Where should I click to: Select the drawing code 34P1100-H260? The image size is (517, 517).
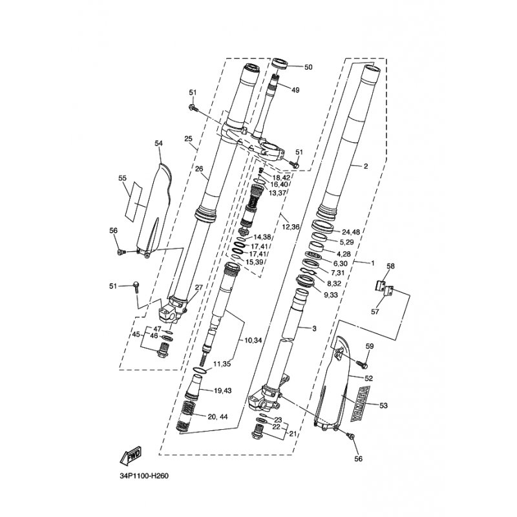143,476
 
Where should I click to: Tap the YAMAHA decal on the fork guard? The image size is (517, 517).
360,404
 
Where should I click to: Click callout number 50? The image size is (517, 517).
308,67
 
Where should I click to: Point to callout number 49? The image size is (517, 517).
296,90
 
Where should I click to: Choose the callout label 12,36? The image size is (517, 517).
290,227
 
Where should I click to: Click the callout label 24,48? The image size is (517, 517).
351,232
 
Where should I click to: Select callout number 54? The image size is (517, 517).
159,143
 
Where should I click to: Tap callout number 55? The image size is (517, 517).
122,178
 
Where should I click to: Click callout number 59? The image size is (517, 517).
370,346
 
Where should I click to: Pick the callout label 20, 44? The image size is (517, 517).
218,417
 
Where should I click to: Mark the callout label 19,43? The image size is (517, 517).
222,391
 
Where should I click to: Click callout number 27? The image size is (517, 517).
199,288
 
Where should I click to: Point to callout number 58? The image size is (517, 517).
391,266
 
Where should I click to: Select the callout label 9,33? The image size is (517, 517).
331,295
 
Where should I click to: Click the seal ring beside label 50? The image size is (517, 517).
280,64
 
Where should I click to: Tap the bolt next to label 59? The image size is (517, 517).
361,364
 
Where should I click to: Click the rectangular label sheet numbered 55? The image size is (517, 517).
134,201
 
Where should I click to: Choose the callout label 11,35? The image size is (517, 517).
222,364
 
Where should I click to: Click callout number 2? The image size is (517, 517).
366,166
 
